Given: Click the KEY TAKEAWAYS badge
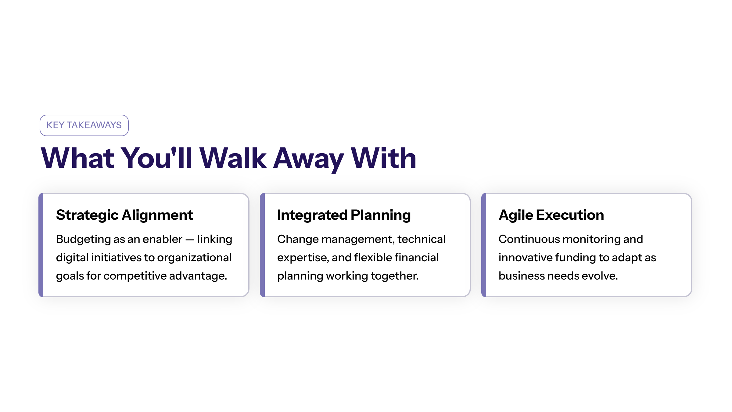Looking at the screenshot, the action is [x=84, y=125].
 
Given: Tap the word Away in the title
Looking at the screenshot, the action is [x=308, y=159].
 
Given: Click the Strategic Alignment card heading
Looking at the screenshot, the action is [x=124, y=215].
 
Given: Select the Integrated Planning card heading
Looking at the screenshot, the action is [x=344, y=215].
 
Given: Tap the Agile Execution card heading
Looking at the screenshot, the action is [x=551, y=215].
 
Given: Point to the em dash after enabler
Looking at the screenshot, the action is [x=190, y=240].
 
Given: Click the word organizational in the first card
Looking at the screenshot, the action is [x=194, y=258].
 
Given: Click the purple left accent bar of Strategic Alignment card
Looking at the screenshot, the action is [x=41, y=245].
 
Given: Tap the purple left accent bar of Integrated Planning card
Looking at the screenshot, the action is [x=263, y=245].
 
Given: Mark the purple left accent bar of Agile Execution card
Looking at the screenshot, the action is [x=484, y=245].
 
